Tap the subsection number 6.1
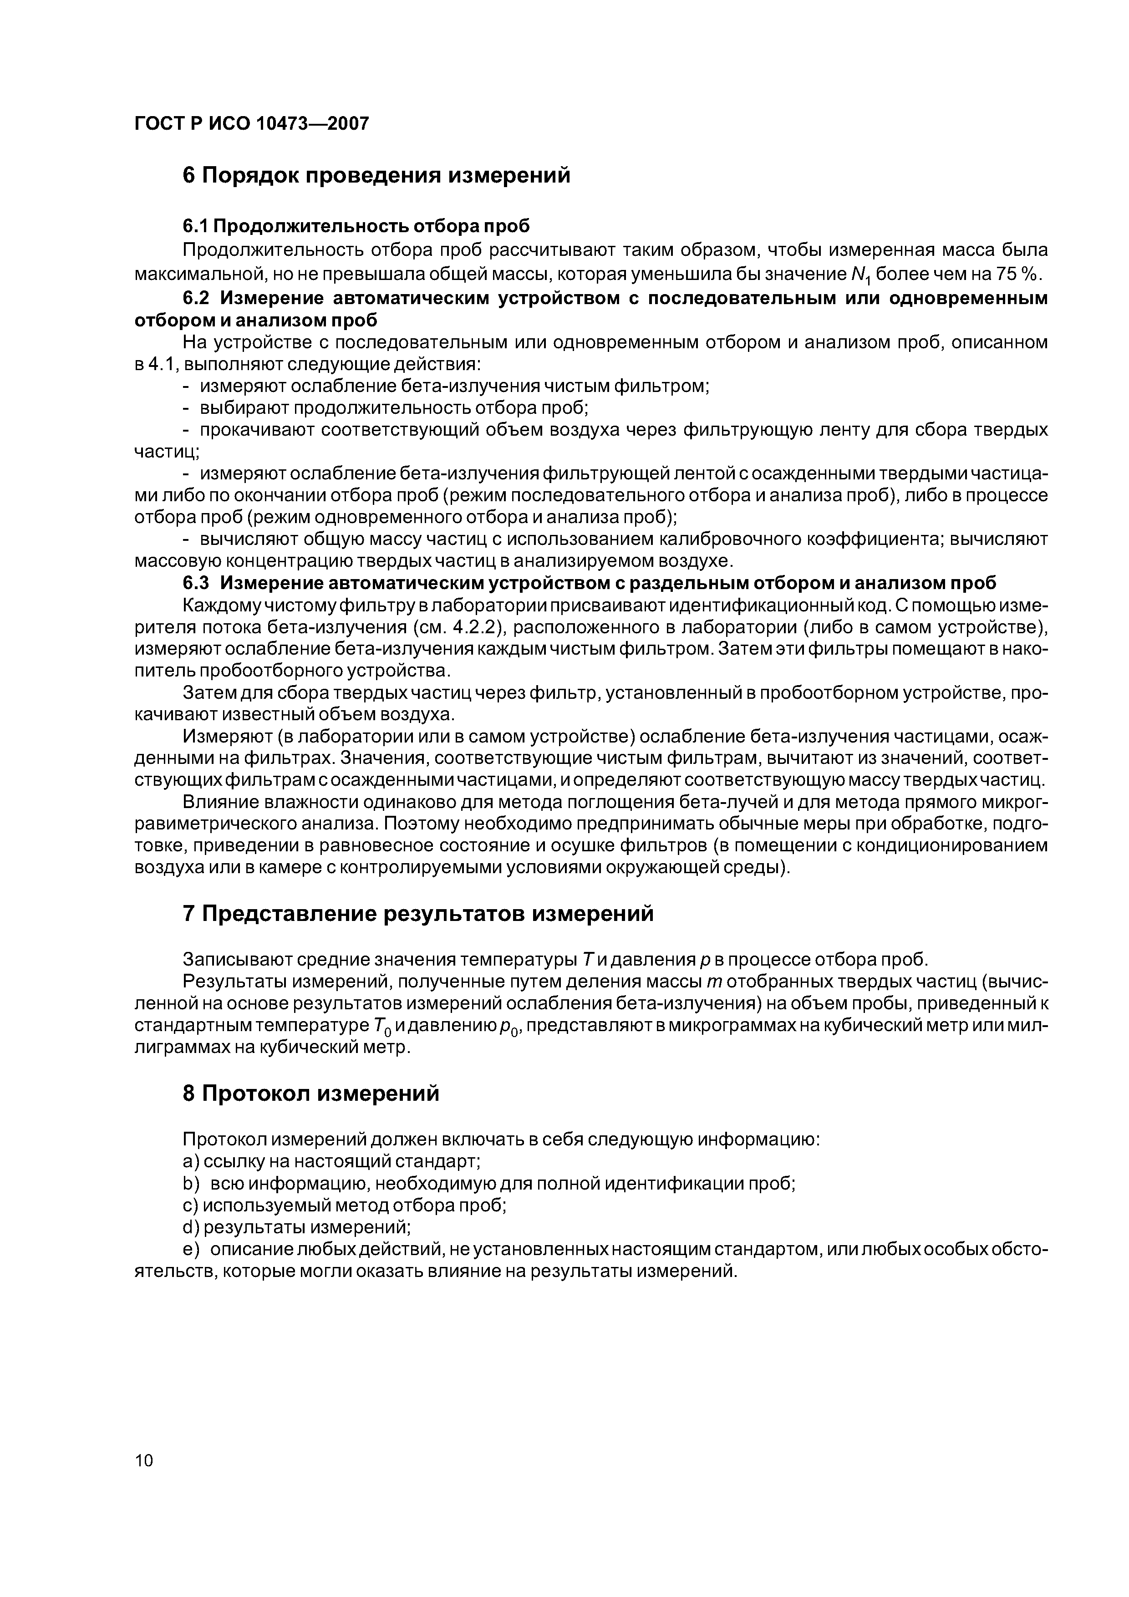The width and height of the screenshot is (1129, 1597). (x=195, y=226)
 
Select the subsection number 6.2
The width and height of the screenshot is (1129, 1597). (x=195, y=298)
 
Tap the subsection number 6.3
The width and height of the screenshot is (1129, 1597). (x=195, y=582)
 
